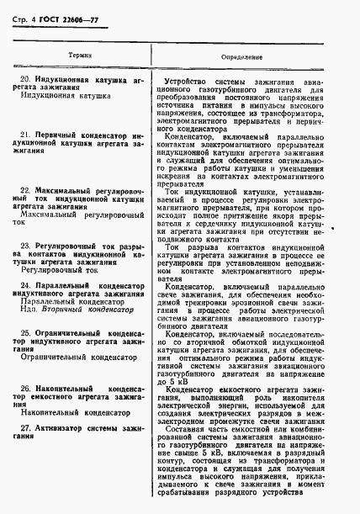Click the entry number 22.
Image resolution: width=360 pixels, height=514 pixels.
(26, 191)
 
